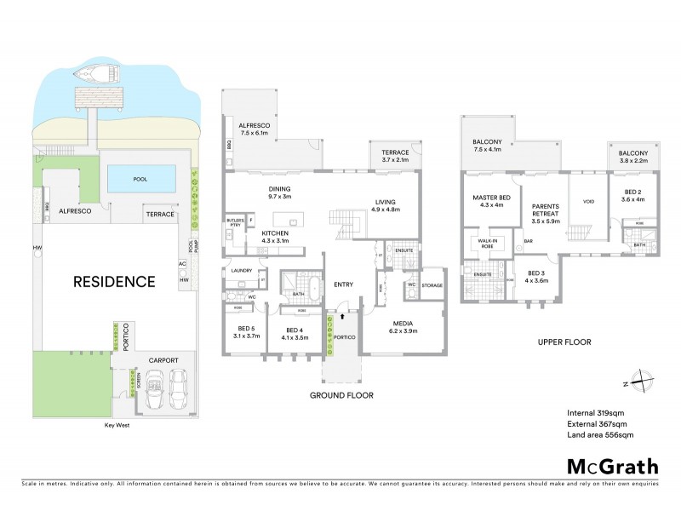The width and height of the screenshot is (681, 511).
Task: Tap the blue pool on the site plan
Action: pos(142,179)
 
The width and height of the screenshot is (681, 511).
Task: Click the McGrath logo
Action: pos(612,466)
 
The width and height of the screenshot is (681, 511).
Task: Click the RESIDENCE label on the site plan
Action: pos(113,281)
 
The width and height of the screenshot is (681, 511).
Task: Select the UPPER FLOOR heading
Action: pos(564,342)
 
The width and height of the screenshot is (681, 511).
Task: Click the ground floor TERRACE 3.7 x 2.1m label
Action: pos(394,156)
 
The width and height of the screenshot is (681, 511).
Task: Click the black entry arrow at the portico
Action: pos(341,316)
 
